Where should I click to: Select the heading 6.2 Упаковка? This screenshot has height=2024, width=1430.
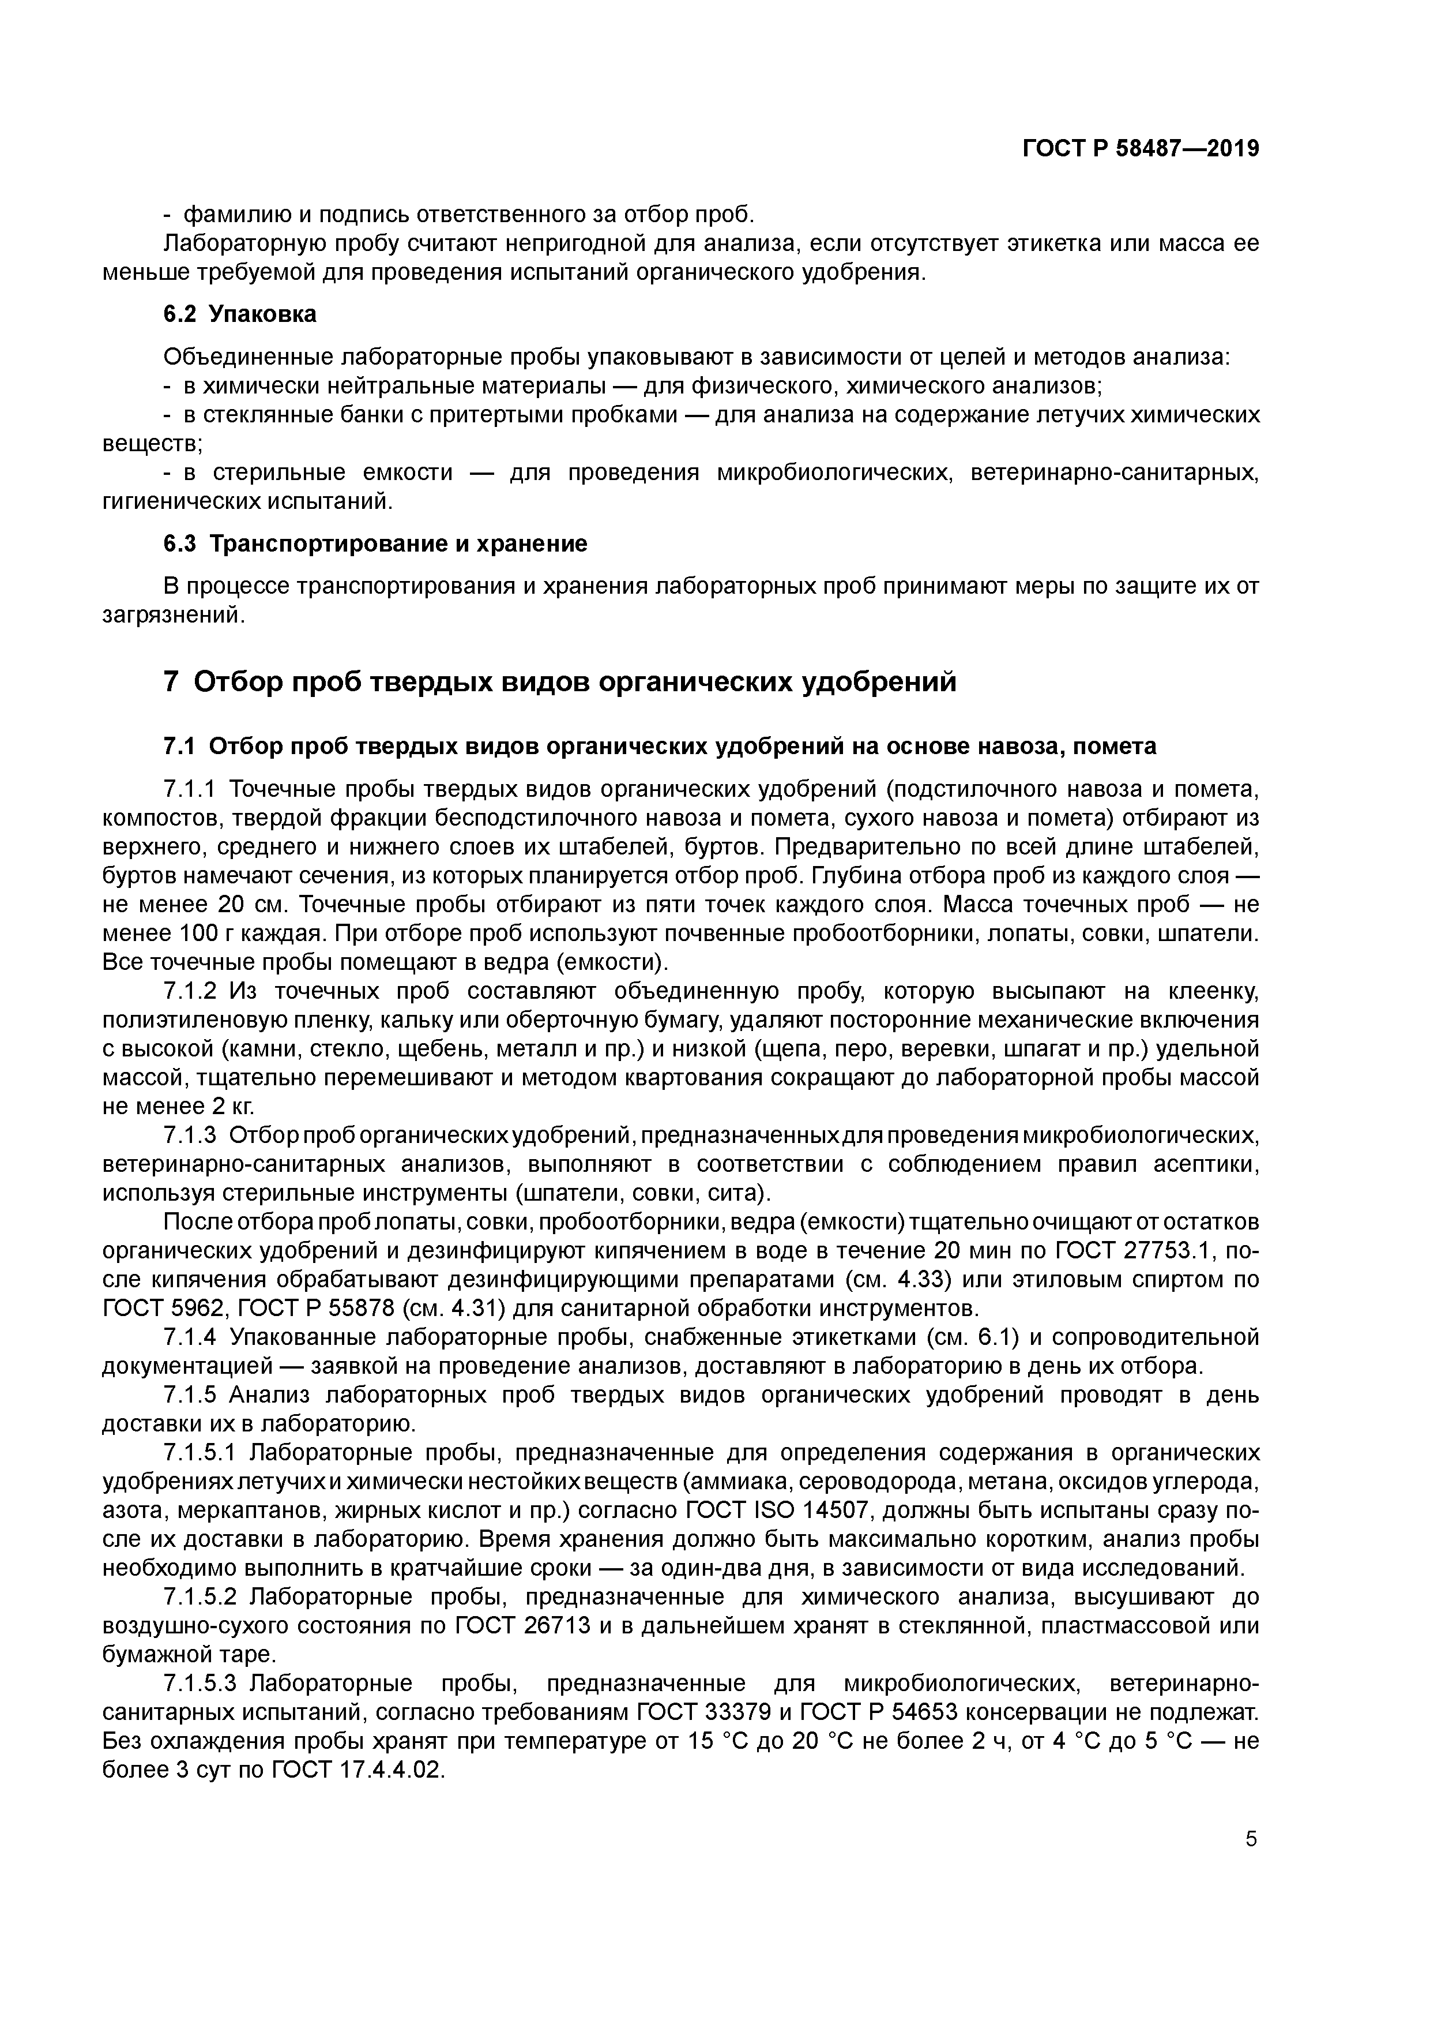[x=240, y=314]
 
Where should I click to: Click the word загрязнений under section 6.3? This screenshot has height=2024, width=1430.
[x=172, y=615]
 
